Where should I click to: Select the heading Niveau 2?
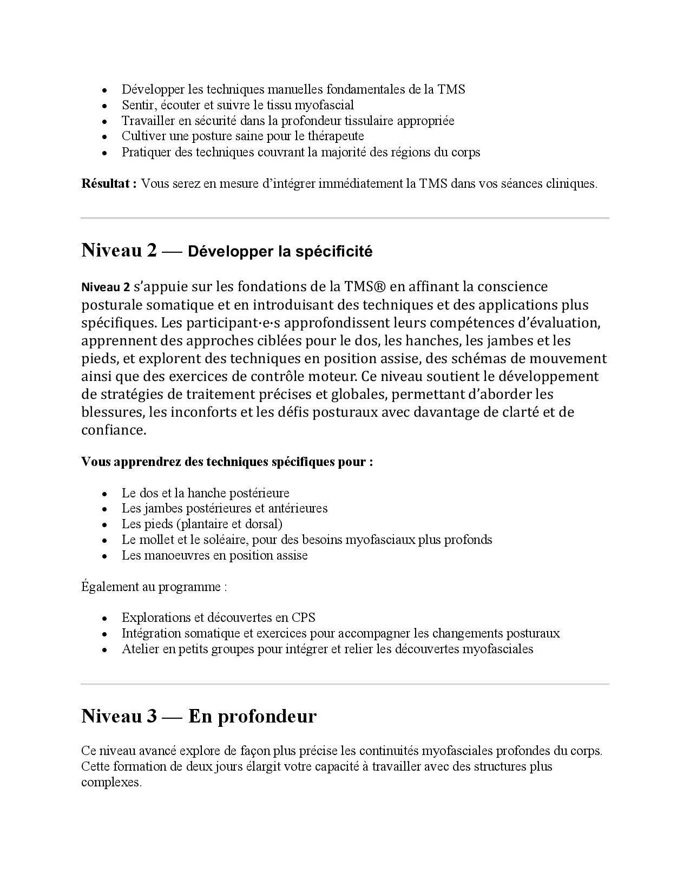(119, 250)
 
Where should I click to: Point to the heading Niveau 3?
(119, 716)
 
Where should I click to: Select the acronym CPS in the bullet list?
(303, 618)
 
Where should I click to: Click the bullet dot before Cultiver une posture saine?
(104, 136)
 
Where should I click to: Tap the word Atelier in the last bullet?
(140, 649)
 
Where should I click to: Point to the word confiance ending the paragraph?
(113, 430)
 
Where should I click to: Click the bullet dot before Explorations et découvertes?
(104, 618)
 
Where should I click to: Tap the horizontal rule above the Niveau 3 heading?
(345, 684)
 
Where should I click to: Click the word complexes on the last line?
(111, 783)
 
